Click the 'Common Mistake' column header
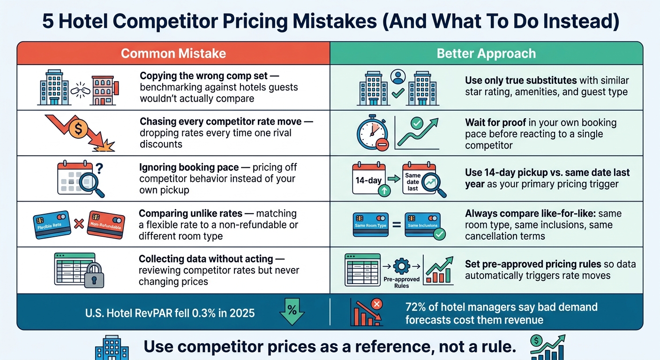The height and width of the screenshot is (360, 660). tap(173, 53)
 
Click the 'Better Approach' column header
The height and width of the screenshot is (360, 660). tap(486, 53)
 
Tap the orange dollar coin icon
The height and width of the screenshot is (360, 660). tap(78, 129)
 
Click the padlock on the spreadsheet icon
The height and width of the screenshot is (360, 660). tap(94, 276)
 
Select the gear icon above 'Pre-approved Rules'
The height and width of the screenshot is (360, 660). tap(401, 266)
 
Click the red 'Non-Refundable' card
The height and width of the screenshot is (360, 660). tap(106, 225)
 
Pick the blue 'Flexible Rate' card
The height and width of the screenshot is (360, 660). tap(52, 225)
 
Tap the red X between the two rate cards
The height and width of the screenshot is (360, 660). tap(79, 224)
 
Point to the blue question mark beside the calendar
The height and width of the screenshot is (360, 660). tap(99, 168)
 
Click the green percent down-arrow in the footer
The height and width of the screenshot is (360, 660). tap(292, 312)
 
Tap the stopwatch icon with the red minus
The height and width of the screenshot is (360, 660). tap(373, 133)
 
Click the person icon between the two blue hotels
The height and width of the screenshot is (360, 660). tap(398, 76)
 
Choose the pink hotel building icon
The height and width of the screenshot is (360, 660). tap(105, 90)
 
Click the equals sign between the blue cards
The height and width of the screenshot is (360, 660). tap(397, 225)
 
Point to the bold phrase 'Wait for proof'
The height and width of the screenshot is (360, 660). tap(495, 122)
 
